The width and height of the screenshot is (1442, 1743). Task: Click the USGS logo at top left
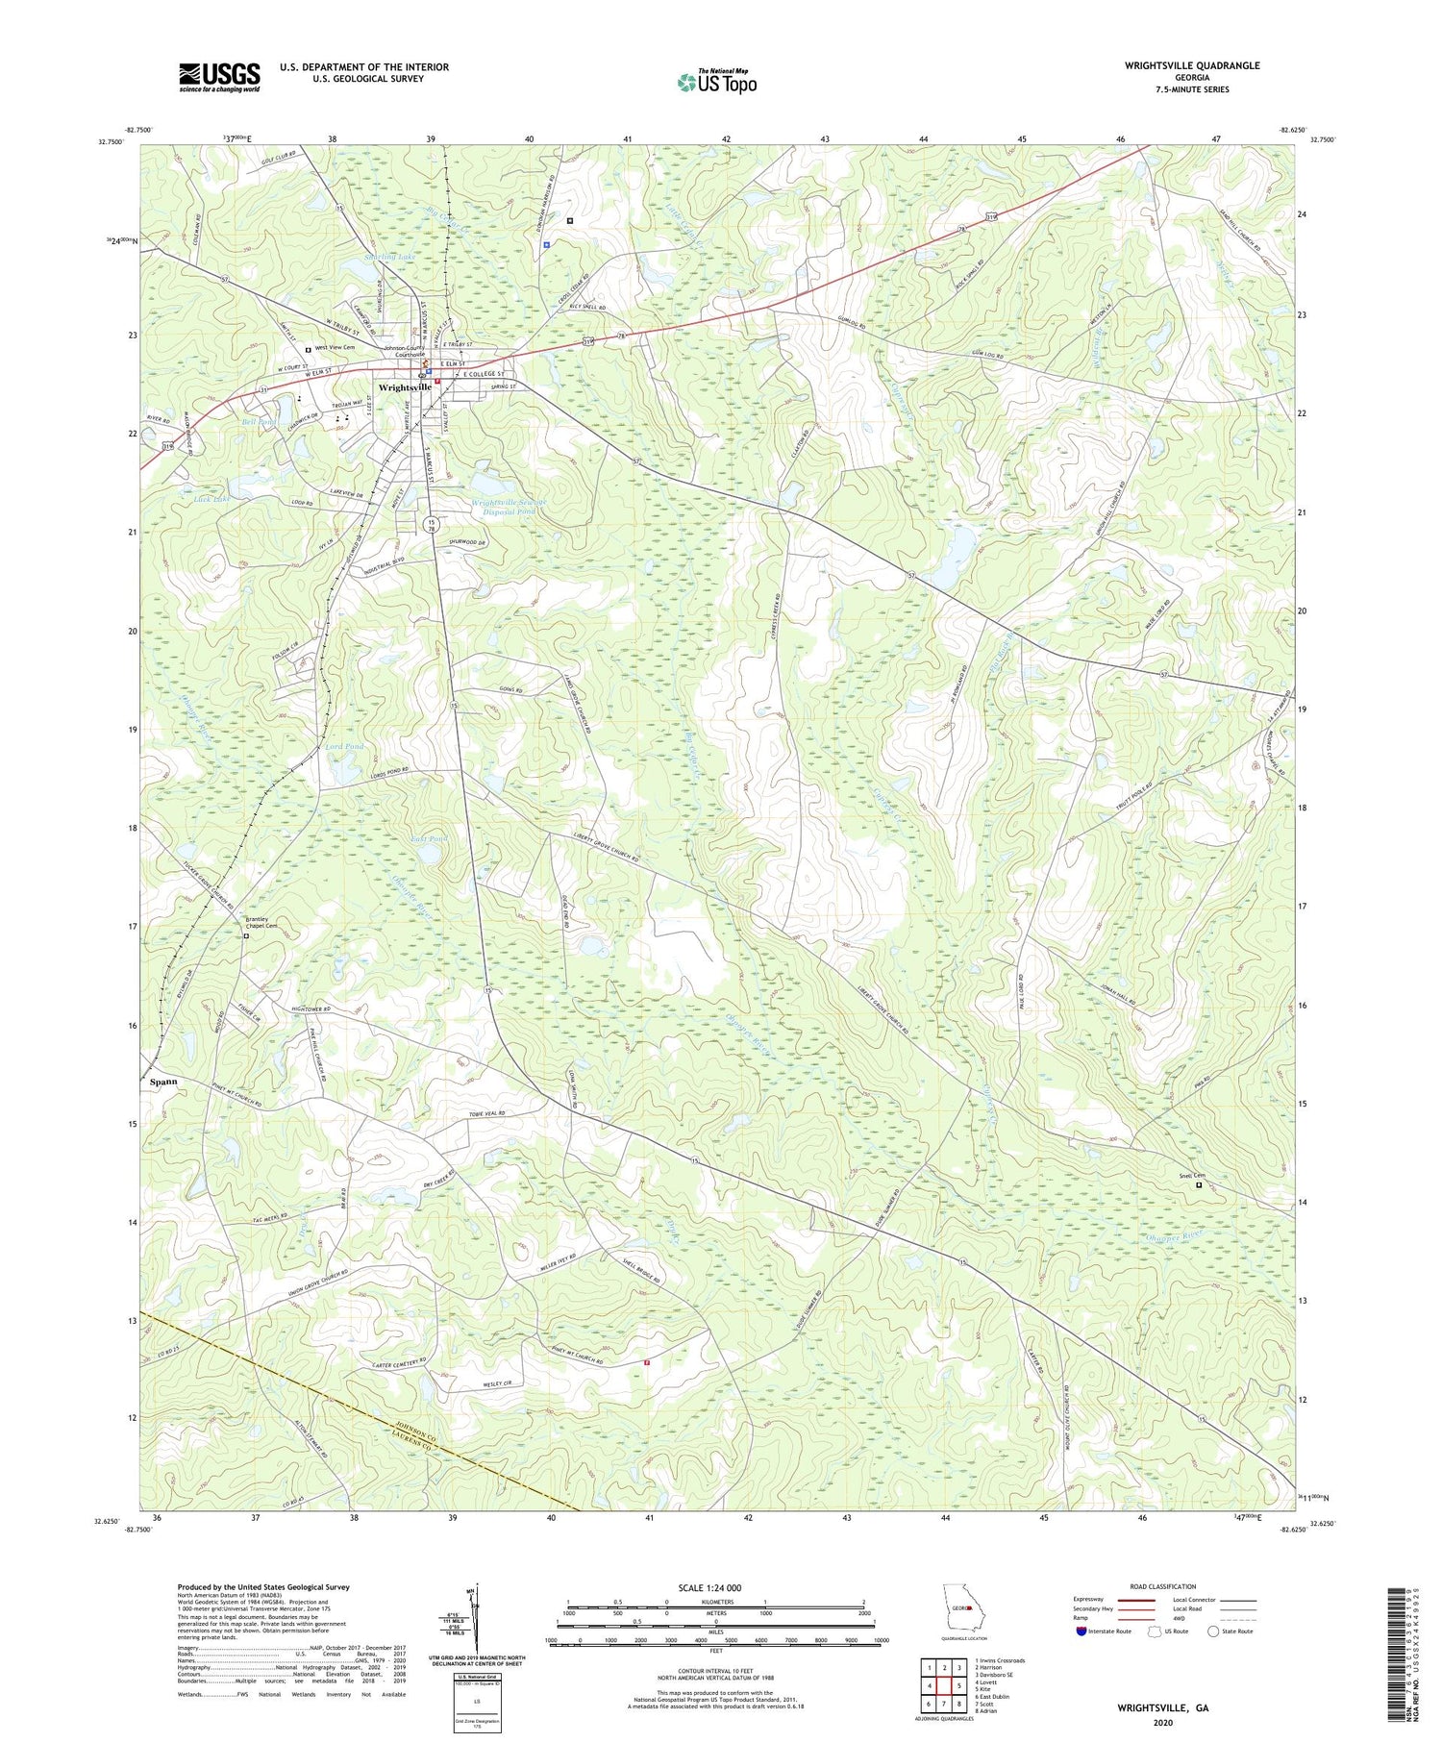(219, 77)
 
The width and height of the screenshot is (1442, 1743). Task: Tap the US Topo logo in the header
(717, 82)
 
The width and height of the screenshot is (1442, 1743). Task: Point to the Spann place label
(163, 1082)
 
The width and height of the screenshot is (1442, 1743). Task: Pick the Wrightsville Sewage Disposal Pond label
(509, 507)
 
